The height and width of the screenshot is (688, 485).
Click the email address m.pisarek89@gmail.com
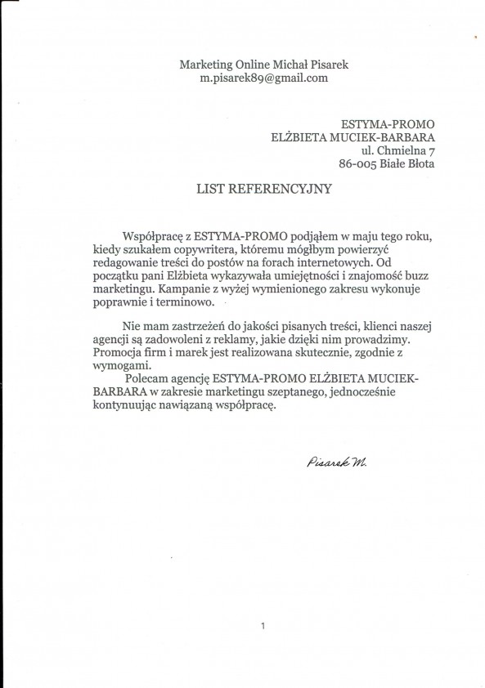tap(263, 78)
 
